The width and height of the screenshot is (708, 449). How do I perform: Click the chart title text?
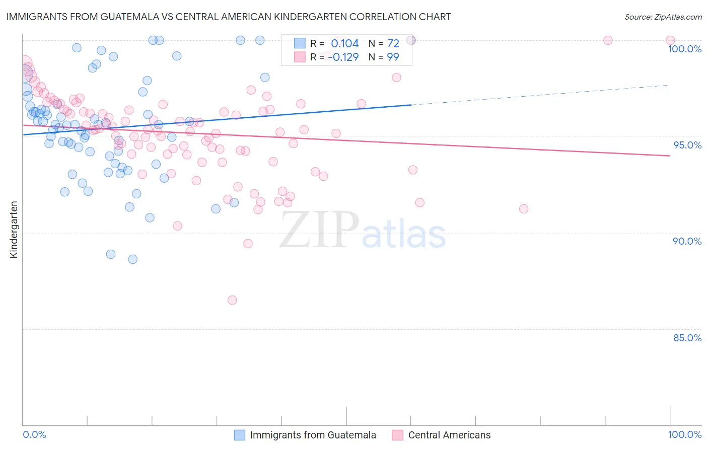[229, 17]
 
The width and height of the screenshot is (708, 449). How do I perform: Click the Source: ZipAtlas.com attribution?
[663, 17]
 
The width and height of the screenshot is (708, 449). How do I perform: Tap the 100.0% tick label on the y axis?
[684, 49]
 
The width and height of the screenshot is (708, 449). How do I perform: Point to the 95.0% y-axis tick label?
[687, 145]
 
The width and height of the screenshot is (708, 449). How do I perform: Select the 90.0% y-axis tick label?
[687, 241]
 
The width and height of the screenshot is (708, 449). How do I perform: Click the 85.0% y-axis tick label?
[687, 338]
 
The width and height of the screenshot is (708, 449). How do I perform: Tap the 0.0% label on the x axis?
[34, 434]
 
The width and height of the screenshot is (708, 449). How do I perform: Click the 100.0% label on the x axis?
[684, 434]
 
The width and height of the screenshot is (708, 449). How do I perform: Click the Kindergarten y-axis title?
[14, 230]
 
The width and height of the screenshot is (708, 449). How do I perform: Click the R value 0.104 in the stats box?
[344, 44]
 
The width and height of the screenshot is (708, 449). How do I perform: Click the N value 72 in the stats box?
[393, 44]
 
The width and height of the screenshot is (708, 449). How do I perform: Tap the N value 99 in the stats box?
[393, 57]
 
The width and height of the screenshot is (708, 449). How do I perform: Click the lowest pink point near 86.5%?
[232, 300]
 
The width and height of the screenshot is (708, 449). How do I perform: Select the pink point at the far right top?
[670, 40]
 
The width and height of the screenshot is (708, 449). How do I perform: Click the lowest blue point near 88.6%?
[133, 259]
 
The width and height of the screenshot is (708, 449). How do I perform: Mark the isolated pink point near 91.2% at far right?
[524, 209]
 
